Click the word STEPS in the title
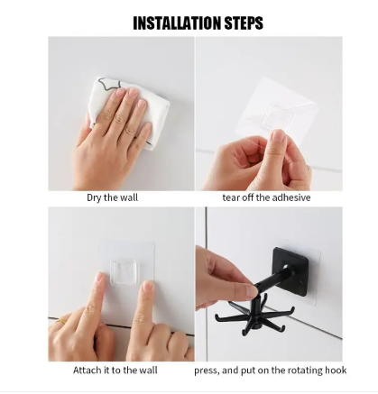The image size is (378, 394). click(244, 23)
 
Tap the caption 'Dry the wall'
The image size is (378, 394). click(113, 197)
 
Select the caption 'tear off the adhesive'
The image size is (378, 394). click(266, 197)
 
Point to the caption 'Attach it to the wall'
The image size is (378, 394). click(115, 370)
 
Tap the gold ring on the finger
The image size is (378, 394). click(61, 321)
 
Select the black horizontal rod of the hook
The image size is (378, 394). click(274, 278)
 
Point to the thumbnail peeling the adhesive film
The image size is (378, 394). click(278, 138)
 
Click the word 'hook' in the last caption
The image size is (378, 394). click(336, 370)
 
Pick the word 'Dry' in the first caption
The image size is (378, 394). click(94, 198)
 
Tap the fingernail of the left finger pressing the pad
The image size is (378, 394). click(99, 276)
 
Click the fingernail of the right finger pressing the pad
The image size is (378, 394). click(148, 286)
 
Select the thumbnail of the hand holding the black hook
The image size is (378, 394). click(252, 290)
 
